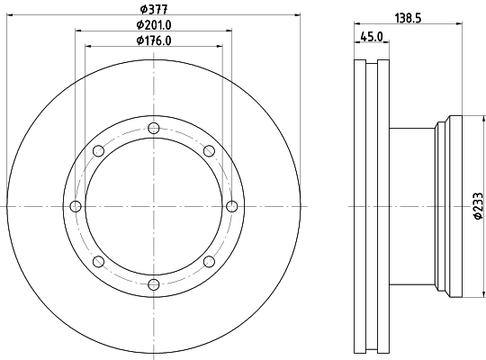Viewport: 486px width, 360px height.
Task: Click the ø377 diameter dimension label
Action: click(154, 9)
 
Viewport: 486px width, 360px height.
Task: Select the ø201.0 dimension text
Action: click(154, 25)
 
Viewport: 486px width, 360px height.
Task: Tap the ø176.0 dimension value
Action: click(154, 40)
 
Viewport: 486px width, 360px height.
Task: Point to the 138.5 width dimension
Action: click(408, 18)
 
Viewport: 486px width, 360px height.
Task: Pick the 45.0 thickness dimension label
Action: click(372, 37)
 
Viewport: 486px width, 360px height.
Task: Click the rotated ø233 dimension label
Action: click(478, 206)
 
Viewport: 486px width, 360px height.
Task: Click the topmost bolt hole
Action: click(154, 128)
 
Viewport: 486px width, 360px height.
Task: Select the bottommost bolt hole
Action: click(154, 284)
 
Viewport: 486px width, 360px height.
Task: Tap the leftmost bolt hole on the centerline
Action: click(76, 206)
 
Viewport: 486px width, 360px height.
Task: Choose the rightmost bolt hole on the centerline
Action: click(232, 206)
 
